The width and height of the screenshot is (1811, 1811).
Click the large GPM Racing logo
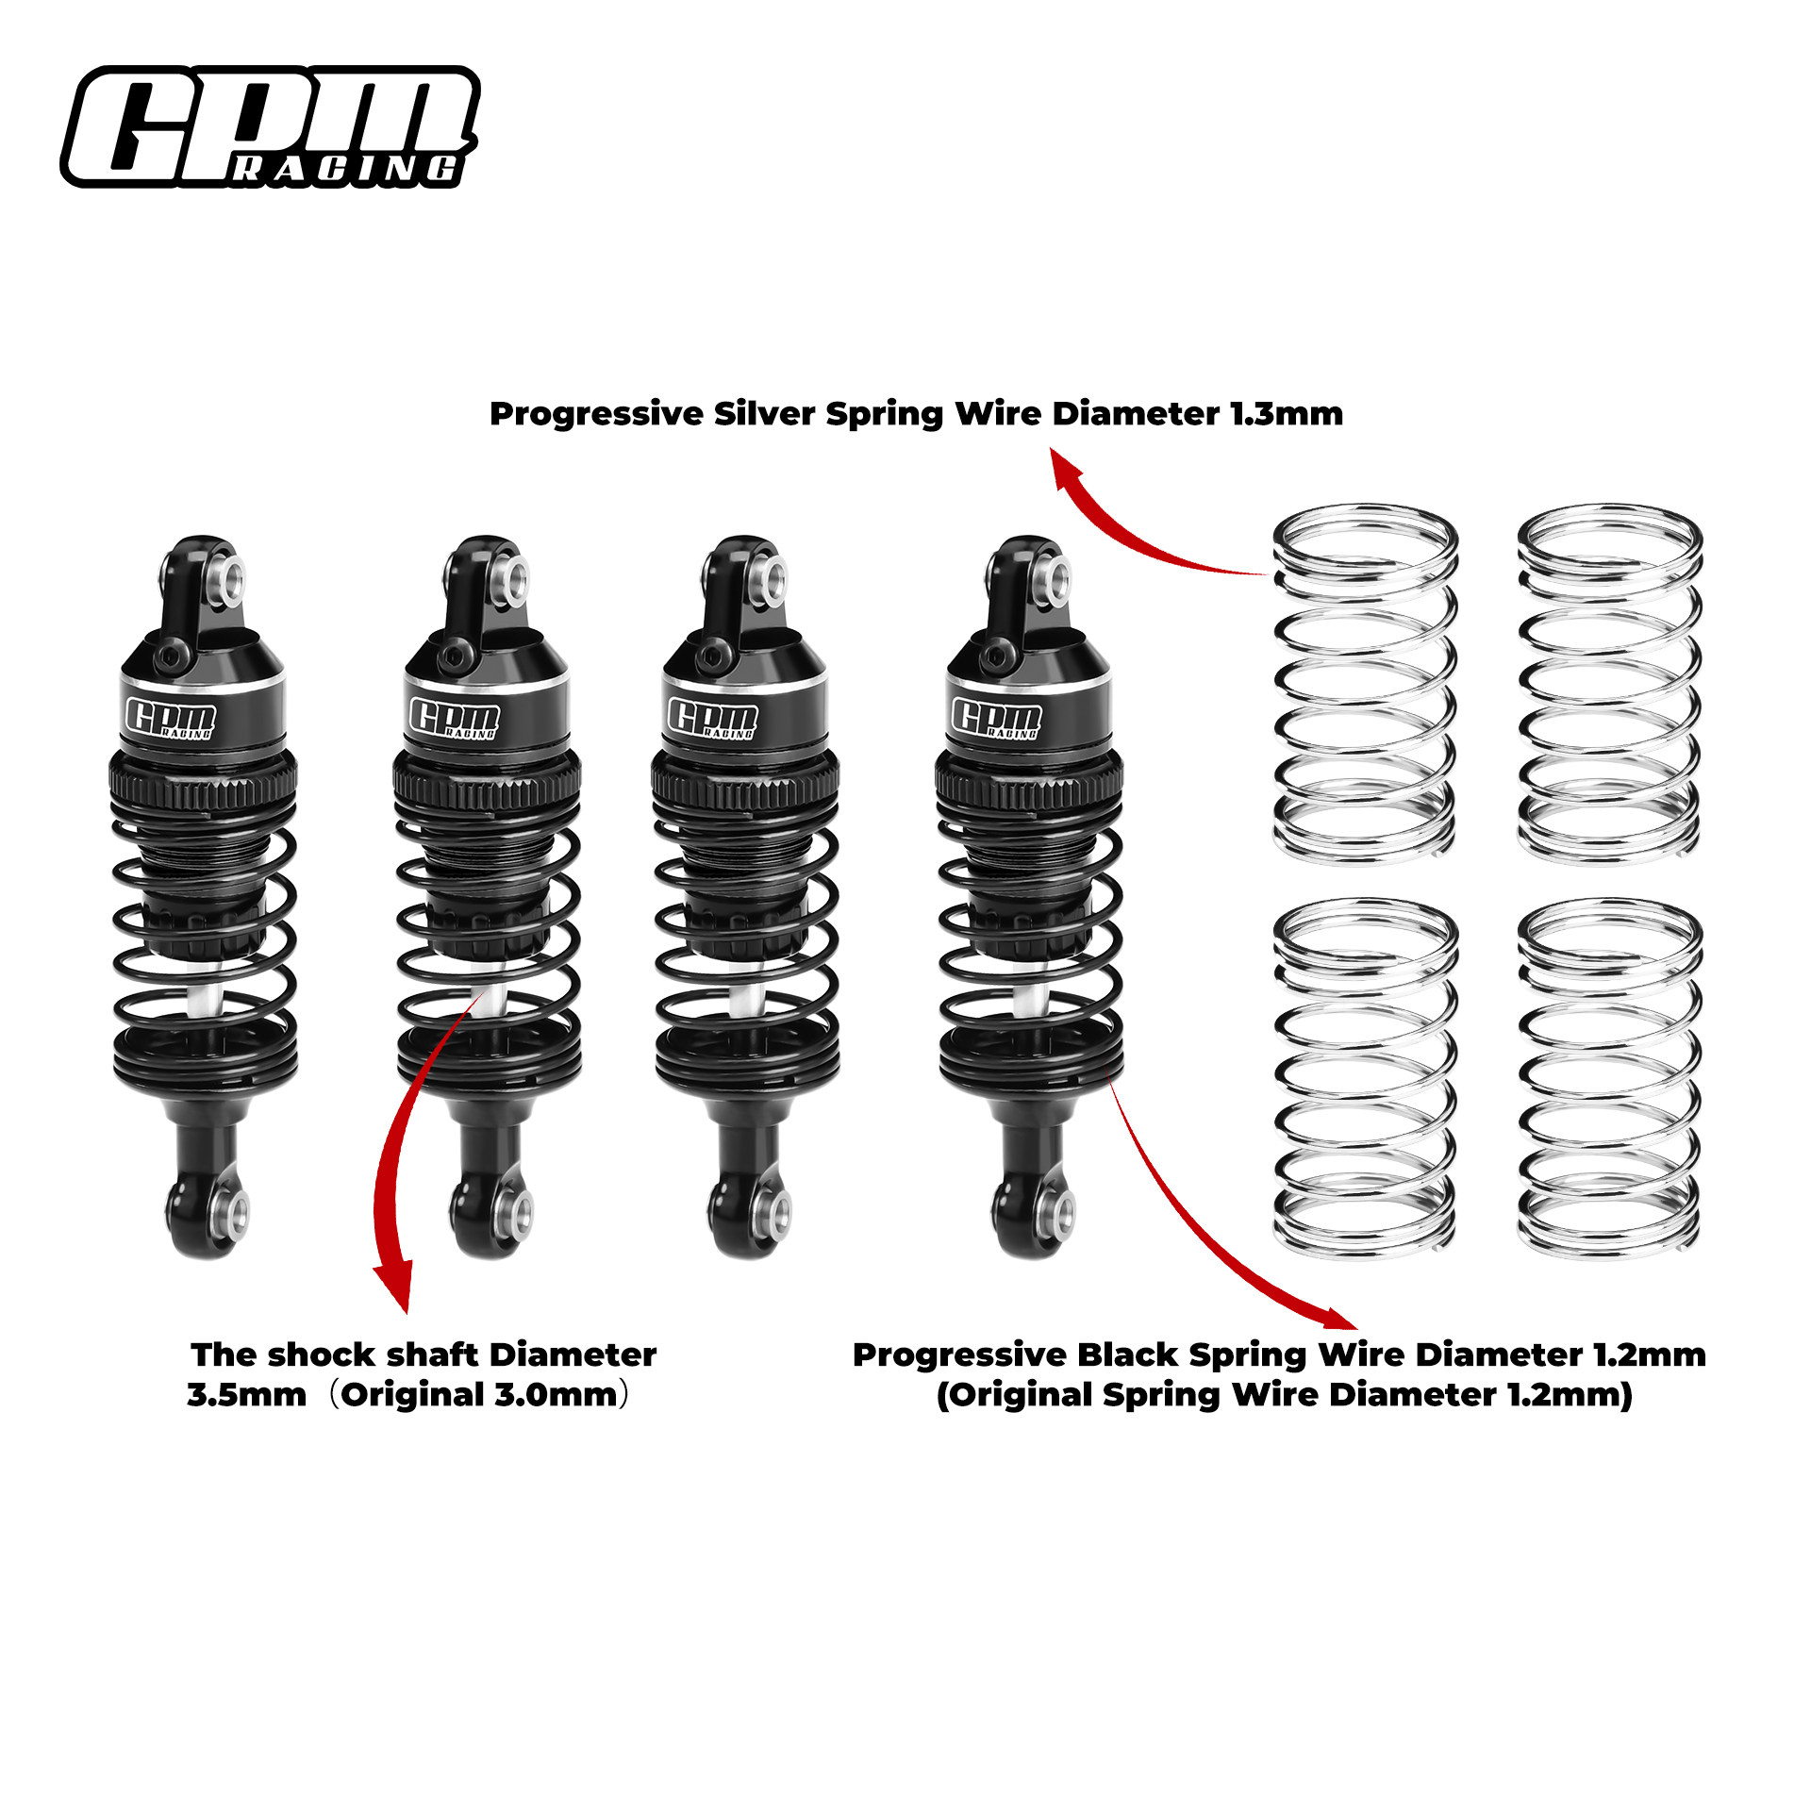(x=271, y=126)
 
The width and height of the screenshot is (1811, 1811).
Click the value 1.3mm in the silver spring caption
(x=1287, y=414)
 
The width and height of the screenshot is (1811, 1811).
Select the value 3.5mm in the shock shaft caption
(x=246, y=1394)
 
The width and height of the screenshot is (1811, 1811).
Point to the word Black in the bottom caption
(x=1127, y=1354)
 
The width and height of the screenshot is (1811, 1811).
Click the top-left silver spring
(x=1365, y=684)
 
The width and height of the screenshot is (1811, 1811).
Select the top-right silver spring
(x=1609, y=684)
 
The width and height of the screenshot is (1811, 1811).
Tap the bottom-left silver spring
(x=1365, y=1078)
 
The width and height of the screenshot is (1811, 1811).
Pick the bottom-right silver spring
(x=1609, y=1078)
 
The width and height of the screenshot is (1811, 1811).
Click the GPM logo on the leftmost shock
(x=171, y=720)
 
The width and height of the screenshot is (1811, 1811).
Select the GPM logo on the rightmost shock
(x=996, y=718)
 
